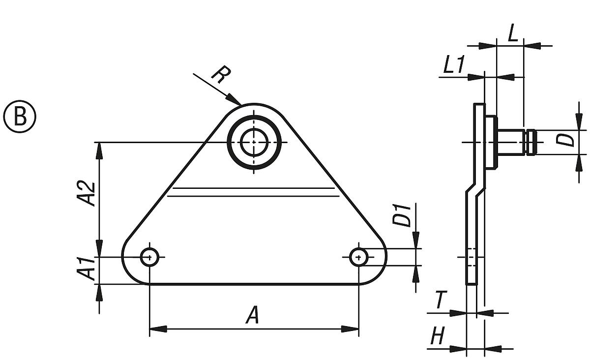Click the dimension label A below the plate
pyautogui.click(x=252, y=315)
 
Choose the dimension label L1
pyautogui.click(x=452, y=66)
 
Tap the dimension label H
pyautogui.click(x=438, y=337)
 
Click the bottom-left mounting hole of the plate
pyautogui.click(x=149, y=257)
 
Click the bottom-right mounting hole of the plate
pyautogui.click(x=359, y=256)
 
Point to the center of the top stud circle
pyautogui.click(x=254, y=142)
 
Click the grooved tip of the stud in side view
pyautogui.click(x=531, y=142)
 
